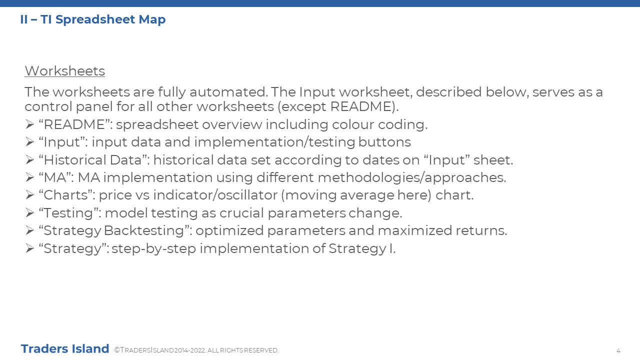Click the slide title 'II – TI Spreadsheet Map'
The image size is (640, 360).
[x=93, y=19]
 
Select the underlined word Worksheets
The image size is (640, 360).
[x=65, y=71]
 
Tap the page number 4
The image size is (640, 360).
[x=618, y=350]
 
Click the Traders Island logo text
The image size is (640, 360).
[x=65, y=348]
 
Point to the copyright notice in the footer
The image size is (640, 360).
[x=196, y=350]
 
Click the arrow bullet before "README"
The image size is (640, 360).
[x=29, y=124]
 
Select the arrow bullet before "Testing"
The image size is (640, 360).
[x=29, y=213]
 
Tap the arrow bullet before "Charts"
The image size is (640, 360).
[x=29, y=195]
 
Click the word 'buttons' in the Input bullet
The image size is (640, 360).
[x=384, y=142]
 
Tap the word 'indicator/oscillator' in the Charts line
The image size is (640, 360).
[x=215, y=195]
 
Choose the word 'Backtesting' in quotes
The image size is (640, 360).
[x=144, y=230]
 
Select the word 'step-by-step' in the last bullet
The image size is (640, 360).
[x=153, y=248]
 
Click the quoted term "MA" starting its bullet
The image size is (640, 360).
[x=56, y=177]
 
